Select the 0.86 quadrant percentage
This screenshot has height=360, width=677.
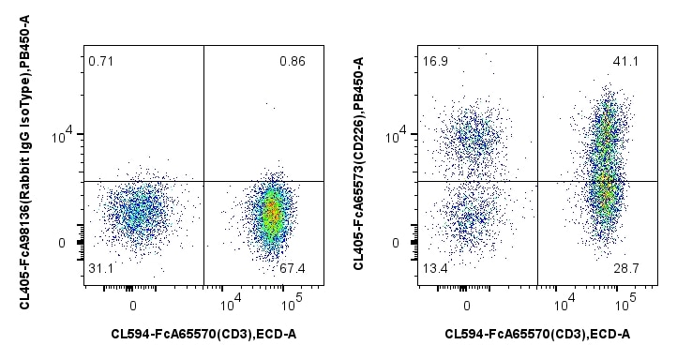(293, 62)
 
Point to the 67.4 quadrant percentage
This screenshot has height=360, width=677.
(293, 269)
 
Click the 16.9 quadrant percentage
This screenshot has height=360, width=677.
(433, 62)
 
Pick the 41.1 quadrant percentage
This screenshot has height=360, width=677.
(626, 62)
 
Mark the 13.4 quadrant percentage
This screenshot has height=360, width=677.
(433, 269)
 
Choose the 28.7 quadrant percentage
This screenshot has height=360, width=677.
(626, 269)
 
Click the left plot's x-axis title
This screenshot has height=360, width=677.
(203, 334)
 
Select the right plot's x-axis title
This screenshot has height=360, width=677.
(537, 334)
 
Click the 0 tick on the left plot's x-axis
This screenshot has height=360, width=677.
(133, 305)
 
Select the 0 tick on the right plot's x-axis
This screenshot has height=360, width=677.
(466, 305)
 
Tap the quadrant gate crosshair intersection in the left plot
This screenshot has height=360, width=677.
(203, 180)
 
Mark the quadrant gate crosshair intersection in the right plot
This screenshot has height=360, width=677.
(537, 180)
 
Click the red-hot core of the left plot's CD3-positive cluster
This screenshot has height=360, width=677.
(272, 213)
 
